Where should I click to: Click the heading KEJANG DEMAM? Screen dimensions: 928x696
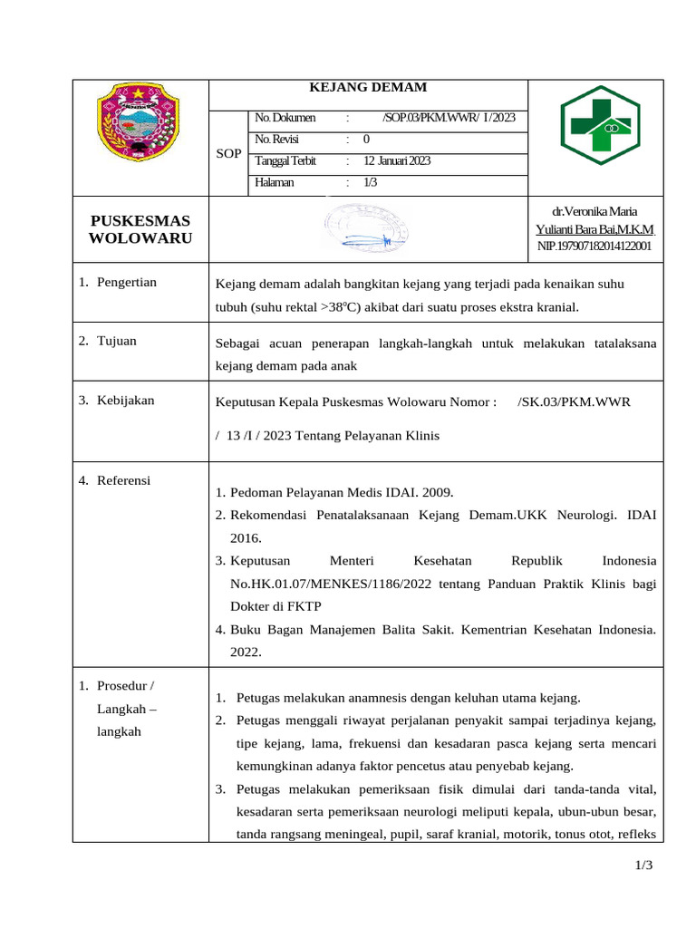pyautogui.click(x=368, y=88)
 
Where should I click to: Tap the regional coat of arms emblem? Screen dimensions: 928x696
pyautogui.click(x=140, y=122)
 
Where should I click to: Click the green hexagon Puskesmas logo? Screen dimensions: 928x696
pyautogui.click(x=599, y=126)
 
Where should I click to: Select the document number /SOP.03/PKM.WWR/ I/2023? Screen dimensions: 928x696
pyautogui.click(x=449, y=118)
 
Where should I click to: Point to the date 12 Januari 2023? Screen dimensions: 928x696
pyautogui.click(x=397, y=161)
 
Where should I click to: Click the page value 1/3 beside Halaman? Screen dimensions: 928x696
pyautogui.click(x=370, y=183)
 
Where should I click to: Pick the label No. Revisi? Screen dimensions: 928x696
pyautogui.click(x=276, y=140)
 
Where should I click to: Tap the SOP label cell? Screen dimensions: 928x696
pyautogui.click(x=228, y=154)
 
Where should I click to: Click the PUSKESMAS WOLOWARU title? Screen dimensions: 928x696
pyautogui.click(x=140, y=229)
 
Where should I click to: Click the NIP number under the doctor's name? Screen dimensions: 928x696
pyautogui.click(x=594, y=246)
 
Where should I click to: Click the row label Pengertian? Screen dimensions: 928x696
pyautogui.click(x=127, y=282)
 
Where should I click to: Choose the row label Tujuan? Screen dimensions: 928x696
pyautogui.click(x=117, y=341)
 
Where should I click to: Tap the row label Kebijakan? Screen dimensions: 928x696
pyautogui.click(x=126, y=401)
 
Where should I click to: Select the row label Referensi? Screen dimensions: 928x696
pyautogui.click(x=124, y=480)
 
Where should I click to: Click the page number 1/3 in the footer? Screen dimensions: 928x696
pyautogui.click(x=643, y=865)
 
